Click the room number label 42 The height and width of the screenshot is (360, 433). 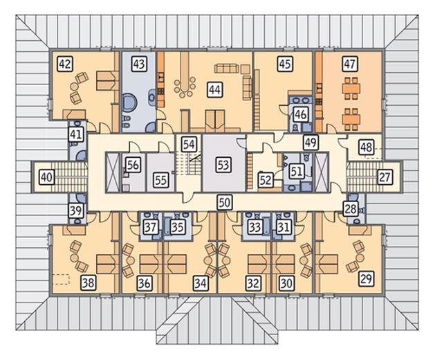(x=66, y=64)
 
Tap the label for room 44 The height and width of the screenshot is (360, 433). (x=215, y=90)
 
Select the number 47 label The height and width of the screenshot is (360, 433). (x=349, y=64)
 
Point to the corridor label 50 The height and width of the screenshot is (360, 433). (x=224, y=202)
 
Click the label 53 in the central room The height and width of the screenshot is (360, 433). (x=223, y=165)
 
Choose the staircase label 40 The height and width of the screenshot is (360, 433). (x=46, y=177)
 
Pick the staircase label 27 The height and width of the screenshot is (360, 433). (x=385, y=177)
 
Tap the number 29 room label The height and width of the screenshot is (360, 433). (x=366, y=278)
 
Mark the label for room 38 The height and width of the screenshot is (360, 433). (x=89, y=283)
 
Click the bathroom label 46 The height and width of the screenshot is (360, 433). (x=300, y=114)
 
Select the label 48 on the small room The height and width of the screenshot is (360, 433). (x=367, y=147)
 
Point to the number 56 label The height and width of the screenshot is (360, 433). (x=133, y=165)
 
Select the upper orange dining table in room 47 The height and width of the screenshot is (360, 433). (x=351, y=89)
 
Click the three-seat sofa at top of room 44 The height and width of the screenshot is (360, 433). (x=226, y=69)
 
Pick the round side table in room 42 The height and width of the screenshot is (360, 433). (x=75, y=87)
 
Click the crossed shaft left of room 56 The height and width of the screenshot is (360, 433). (x=113, y=172)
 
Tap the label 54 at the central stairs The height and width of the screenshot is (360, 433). (x=189, y=144)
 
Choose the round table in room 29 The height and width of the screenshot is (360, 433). (x=360, y=258)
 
